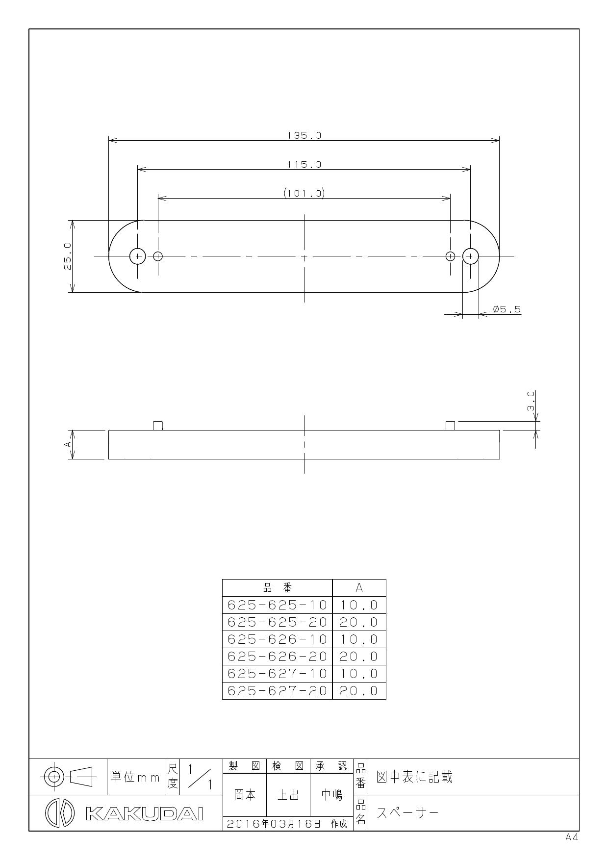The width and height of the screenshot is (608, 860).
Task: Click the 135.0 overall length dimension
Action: [304, 135]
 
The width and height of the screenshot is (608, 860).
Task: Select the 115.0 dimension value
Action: [304, 164]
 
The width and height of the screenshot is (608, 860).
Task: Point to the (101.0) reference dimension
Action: [304, 193]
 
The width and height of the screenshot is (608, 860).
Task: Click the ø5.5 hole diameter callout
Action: [507, 309]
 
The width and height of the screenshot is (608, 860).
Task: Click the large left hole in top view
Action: [138, 256]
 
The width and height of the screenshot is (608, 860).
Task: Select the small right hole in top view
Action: [450, 256]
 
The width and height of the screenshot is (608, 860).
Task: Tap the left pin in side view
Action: [158, 425]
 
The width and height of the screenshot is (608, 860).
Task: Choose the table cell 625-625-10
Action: [277, 605]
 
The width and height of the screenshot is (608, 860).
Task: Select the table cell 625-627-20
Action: [277, 690]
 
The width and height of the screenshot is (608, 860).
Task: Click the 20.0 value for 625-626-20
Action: [359, 656]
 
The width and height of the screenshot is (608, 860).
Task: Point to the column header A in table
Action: [359, 587]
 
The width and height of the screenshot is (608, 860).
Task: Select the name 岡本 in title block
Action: [244, 795]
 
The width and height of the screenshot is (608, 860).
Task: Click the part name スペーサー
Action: [407, 813]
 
